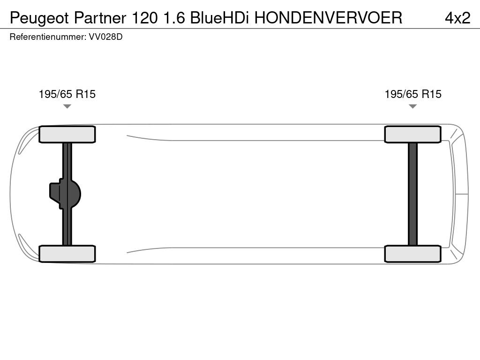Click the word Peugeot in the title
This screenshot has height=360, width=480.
pos(39,18)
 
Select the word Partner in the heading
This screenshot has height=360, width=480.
pos(100,18)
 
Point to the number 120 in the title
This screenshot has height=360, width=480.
pos(144,18)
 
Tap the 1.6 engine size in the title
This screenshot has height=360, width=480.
pos(174,18)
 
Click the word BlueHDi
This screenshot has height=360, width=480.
pos(219,18)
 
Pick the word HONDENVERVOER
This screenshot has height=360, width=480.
pos(328,18)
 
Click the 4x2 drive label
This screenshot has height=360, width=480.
pos(457,18)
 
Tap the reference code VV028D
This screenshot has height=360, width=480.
pos(105,37)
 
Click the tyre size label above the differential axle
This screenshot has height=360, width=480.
pos(67,94)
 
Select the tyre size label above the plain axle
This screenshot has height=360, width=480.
pos(413,94)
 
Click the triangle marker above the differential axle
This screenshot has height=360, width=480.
pos(67,106)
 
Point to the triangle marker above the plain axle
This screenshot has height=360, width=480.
pos(412,106)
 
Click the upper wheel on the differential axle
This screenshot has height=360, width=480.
pos(67,134)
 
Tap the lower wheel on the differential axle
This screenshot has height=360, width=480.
pos(67,254)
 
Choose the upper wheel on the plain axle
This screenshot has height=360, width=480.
pos(412,134)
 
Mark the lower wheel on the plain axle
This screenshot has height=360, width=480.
pos(412,254)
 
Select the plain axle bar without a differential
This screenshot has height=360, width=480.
pos(412,194)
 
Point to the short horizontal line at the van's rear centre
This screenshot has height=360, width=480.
pos(462,194)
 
